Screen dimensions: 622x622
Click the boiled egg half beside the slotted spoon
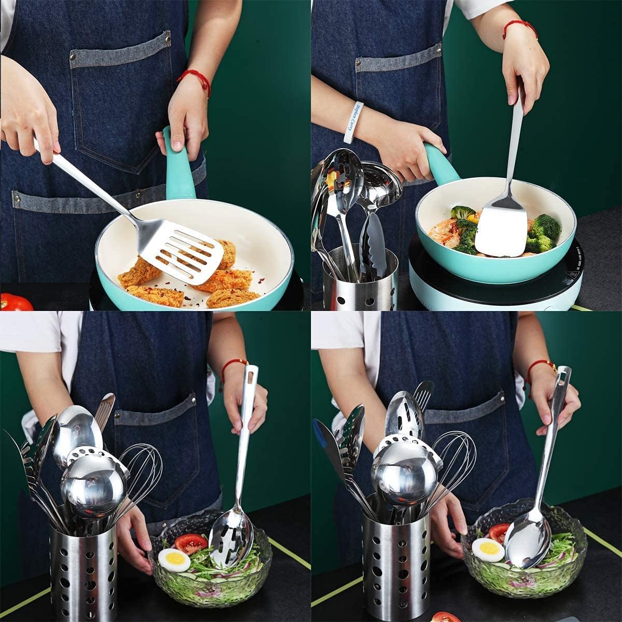pos(173,560)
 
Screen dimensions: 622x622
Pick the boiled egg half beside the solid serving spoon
pos(488,550)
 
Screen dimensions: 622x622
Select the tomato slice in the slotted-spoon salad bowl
pos(191,543)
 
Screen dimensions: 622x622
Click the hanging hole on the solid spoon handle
pos(563,381)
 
